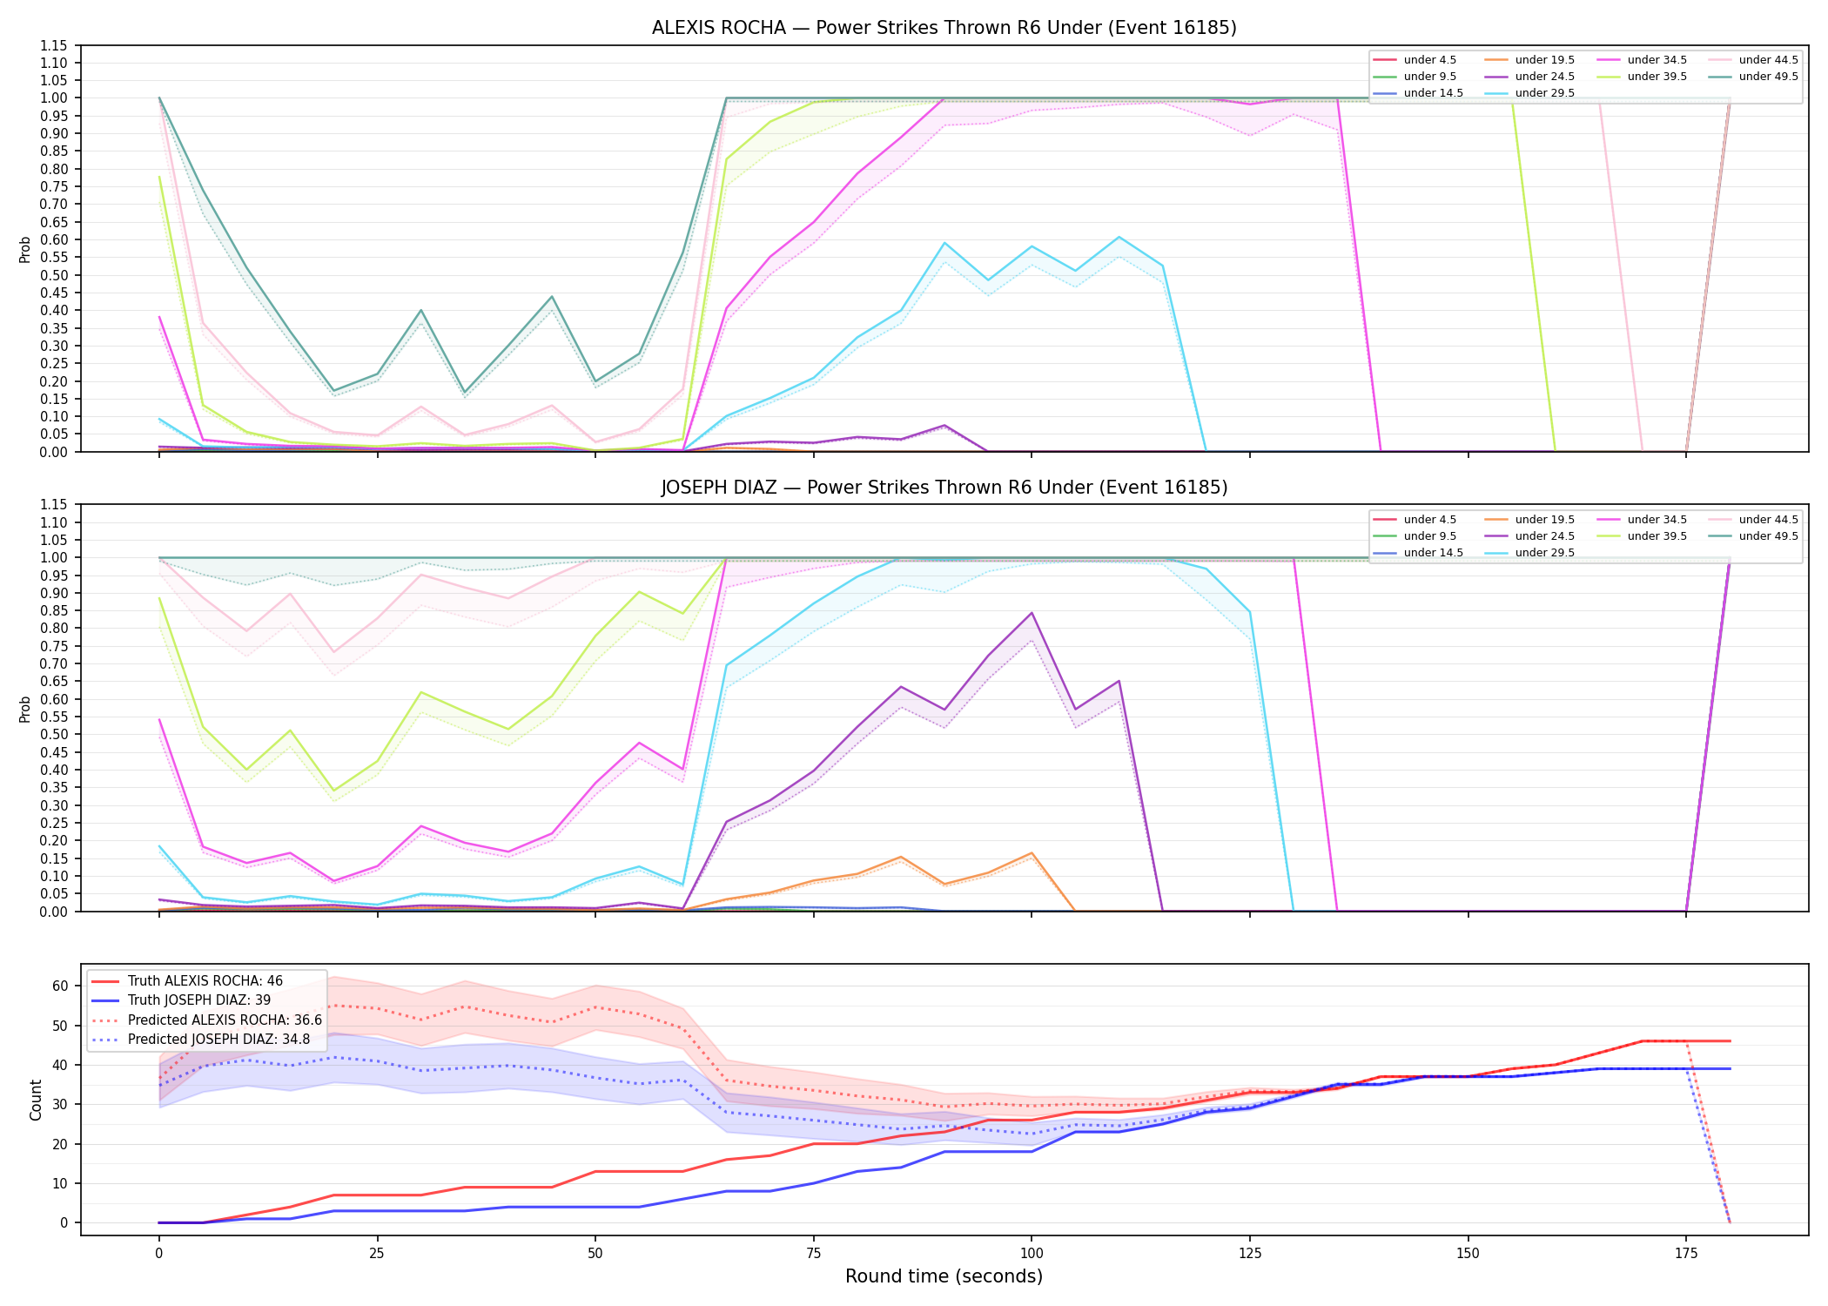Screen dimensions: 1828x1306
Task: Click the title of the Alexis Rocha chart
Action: point(944,28)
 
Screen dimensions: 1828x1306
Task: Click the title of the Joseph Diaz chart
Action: point(944,488)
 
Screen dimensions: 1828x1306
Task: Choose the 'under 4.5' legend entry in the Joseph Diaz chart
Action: point(1415,520)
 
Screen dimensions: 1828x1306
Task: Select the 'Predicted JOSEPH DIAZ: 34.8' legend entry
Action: point(206,1040)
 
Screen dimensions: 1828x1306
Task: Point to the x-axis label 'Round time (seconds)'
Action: point(944,1276)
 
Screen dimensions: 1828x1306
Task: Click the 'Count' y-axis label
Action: point(36,1100)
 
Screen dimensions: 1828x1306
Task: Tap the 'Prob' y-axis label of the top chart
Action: point(25,249)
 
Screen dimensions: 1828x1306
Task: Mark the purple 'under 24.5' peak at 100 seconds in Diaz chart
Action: point(1032,613)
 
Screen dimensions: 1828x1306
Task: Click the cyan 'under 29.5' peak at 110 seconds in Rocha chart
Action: point(1119,237)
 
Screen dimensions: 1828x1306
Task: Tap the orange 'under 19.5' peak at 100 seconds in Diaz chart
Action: point(1032,853)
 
